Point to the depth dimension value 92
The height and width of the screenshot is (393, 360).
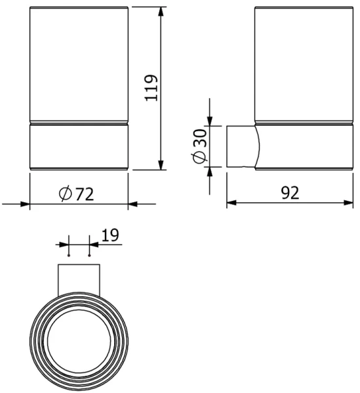click(x=290, y=193)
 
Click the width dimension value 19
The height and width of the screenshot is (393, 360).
click(x=110, y=234)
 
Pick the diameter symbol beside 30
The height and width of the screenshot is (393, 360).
click(x=200, y=158)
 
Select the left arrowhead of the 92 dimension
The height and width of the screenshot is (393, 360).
click(x=231, y=204)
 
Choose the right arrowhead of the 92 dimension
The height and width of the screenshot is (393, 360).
click(x=348, y=204)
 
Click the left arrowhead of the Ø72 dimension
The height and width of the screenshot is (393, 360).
click(x=26, y=204)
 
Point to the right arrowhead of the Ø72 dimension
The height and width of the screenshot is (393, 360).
click(x=132, y=204)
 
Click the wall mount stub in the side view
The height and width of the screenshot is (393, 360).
click(x=241, y=145)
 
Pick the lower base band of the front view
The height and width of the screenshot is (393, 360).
click(x=79, y=145)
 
